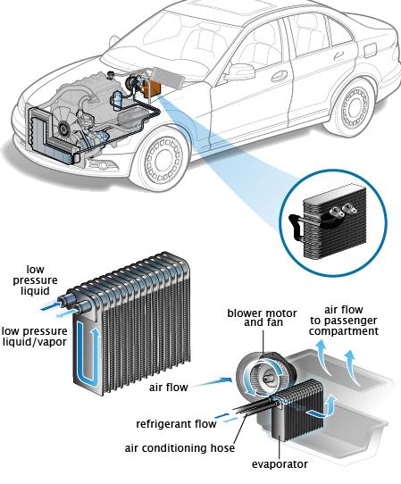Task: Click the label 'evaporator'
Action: coord(280,464)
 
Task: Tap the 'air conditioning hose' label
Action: coord(180,448)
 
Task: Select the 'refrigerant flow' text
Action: coord(176,424)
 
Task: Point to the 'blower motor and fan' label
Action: coord(262,318)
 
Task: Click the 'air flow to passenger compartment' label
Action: coord(344,321)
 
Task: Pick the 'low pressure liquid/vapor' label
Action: coord(34,337)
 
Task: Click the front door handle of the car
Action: coord(280,76)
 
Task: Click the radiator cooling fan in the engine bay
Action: coord(64,125)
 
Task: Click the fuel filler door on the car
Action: coord(370,50)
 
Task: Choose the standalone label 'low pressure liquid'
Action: coord(35,280)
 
